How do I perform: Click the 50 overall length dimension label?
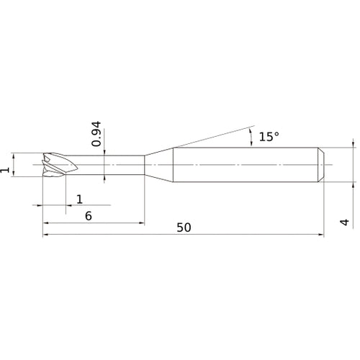[184, 228]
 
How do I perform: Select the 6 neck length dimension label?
[89, 216]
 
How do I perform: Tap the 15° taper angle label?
[269, 137]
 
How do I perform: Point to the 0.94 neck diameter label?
[96, 134]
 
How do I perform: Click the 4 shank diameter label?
[345, 222]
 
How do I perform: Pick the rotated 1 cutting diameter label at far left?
[5, 170]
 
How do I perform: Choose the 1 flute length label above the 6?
[79, 199]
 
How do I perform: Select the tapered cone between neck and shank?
[159, 165]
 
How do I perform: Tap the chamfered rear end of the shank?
[321, 165]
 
